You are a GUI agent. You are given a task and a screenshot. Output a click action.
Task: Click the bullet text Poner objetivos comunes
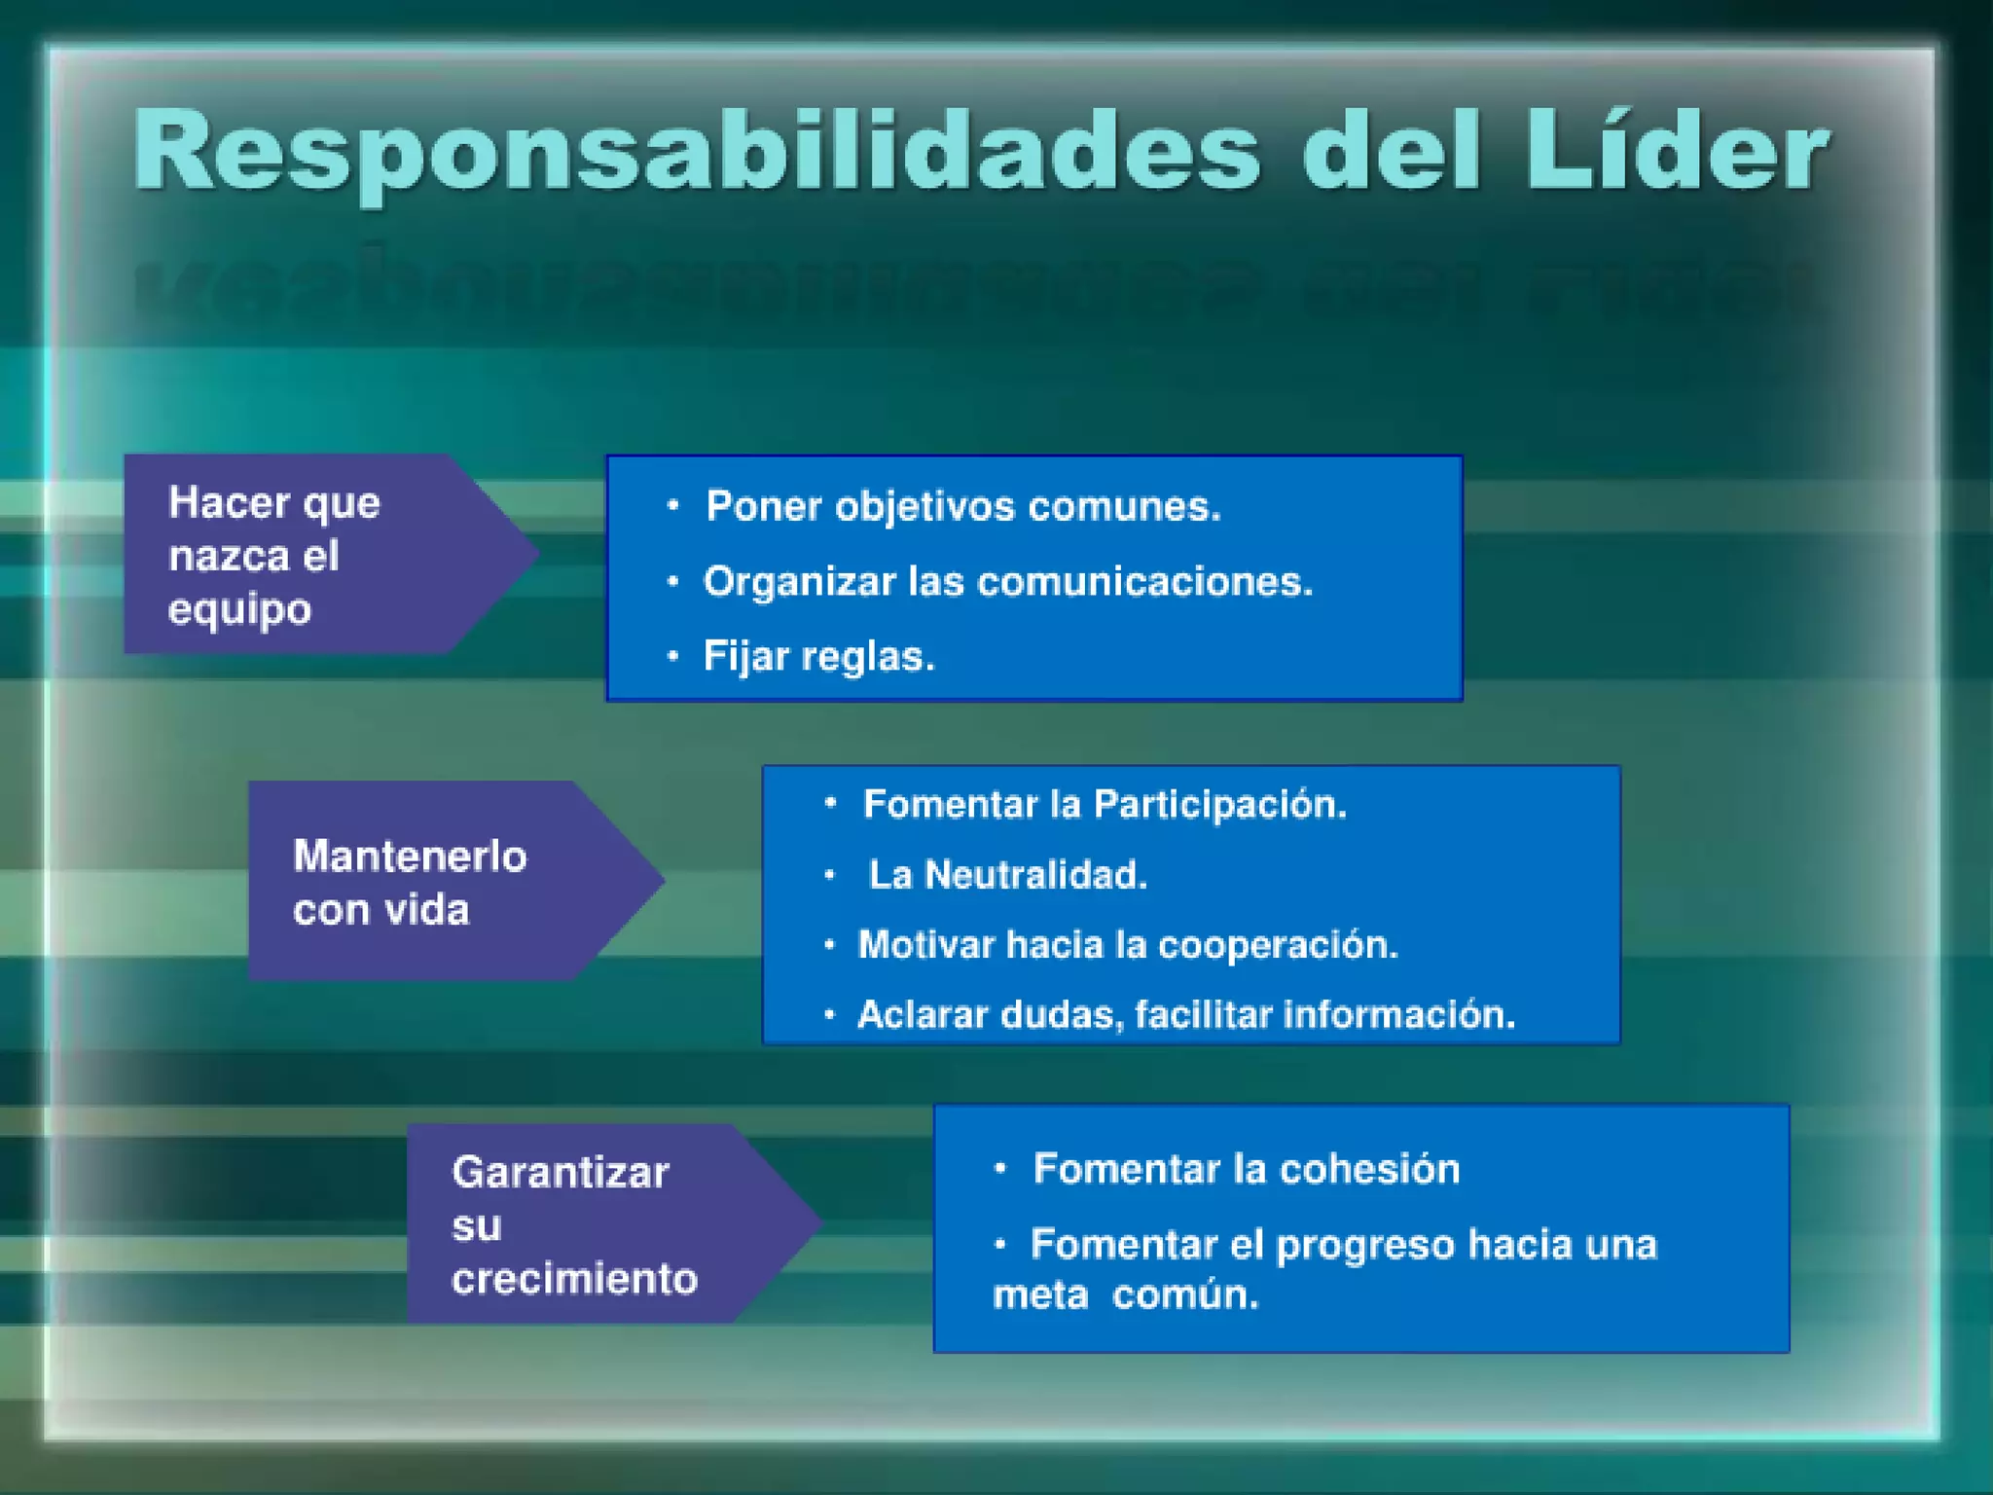click(962, 506)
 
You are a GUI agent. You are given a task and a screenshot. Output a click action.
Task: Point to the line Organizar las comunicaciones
click(1008, 582)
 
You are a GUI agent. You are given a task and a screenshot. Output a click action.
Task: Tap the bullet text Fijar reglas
click(818, 657)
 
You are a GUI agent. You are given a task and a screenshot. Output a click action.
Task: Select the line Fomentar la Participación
click(1105, 805)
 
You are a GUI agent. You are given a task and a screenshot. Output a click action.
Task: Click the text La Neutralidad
click(1007, 875)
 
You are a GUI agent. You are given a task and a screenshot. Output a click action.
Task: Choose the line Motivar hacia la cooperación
click(1128, 945)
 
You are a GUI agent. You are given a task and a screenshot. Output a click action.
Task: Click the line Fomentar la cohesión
click(1247, 1169)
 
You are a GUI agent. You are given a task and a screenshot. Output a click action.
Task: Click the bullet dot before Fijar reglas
click(672, 656)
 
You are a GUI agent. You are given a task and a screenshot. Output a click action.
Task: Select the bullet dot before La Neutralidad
click(829, 875)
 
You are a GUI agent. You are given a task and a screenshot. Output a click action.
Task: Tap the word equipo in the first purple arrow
click(239, 610)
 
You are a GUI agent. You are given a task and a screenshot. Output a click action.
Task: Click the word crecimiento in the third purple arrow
click(574, 1279)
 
